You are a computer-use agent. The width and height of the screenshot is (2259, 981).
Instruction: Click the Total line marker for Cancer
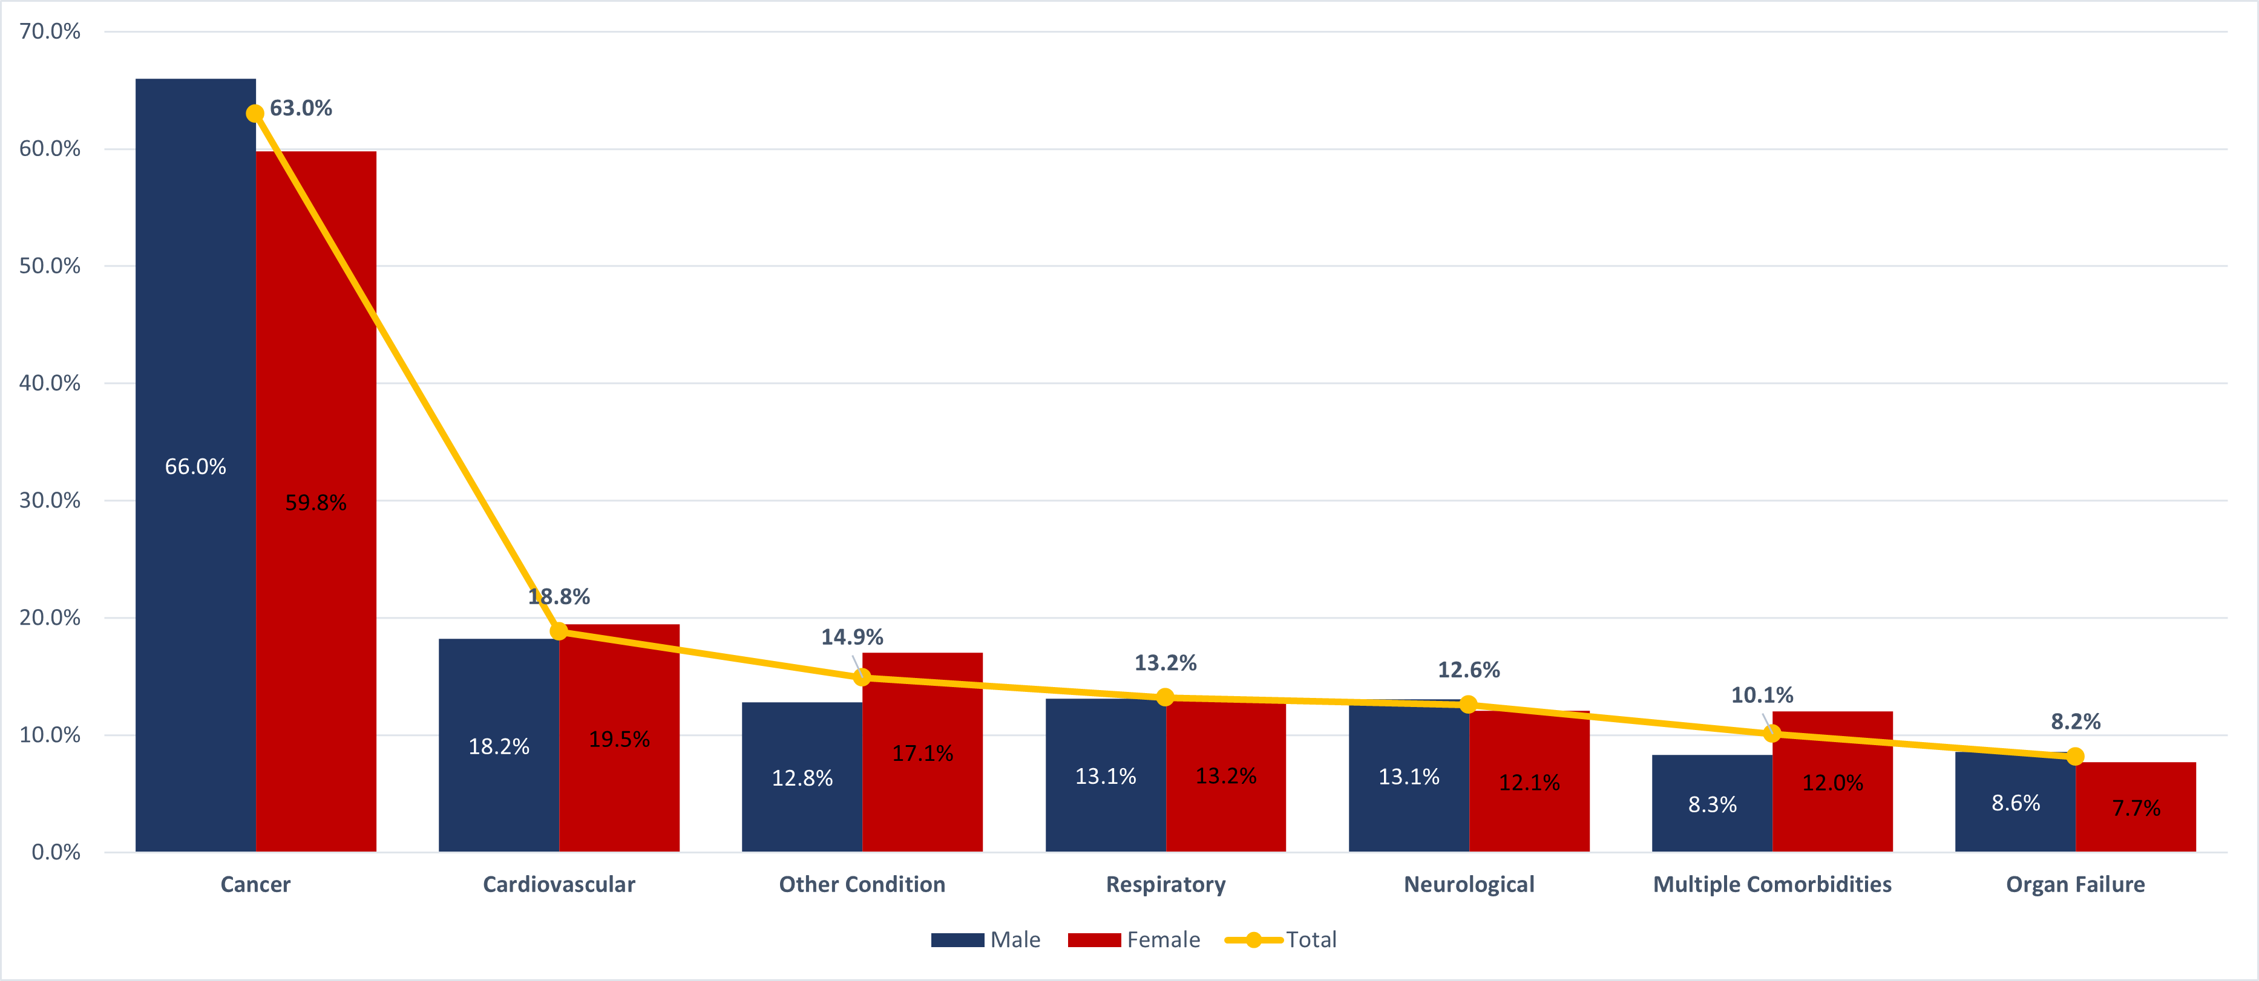coord(254,113)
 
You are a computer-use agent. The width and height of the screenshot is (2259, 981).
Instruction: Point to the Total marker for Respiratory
coord(1164,697)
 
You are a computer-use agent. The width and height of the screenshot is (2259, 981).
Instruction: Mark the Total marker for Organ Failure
coord(2075,755)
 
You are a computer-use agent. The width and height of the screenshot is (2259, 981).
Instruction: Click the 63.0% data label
coord(301,108)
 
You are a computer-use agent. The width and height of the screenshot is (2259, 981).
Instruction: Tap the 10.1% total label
coord(1762,695)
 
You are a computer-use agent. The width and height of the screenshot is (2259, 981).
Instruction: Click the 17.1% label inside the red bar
coord(923,753)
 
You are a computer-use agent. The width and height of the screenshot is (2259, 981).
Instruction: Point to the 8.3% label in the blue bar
coord(1712,804)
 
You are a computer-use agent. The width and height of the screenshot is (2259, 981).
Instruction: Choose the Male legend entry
coord(986,940)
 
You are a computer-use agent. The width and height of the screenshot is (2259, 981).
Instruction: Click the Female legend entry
coord(1134,940)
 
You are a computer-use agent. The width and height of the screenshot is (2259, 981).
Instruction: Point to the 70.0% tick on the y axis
coord(50,31)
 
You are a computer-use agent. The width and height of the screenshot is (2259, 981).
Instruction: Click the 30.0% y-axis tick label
coord(50,501)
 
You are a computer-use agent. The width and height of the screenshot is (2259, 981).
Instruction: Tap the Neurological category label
coord(1469,884)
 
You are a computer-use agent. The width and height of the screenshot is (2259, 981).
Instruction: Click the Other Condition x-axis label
coord(862,884)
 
